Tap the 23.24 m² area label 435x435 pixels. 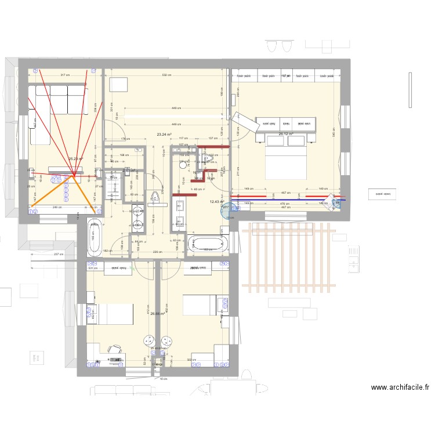click(x=165, y=134)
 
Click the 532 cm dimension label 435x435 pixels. click(x=166, y=75)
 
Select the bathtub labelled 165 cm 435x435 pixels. click(x=94, y=237)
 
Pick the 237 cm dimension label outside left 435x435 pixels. click(x=58, y=254)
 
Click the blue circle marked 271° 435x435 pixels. click(x=226, y=208)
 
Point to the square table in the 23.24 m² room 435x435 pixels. click(x=120, y=84)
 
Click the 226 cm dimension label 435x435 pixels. click(x=157, y=252)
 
